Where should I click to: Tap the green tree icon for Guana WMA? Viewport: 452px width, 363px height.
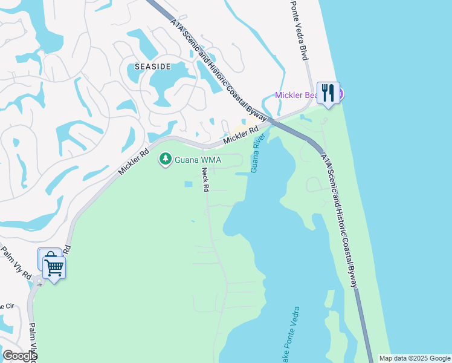[x=164, y=160]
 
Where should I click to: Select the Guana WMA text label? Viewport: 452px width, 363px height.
[x=198, y=160]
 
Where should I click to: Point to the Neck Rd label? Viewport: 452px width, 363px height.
[x=205, y=180]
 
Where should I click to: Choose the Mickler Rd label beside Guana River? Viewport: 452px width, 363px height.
[x=241, y=135]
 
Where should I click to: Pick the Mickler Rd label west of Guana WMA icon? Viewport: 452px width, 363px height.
[x=134, y=163]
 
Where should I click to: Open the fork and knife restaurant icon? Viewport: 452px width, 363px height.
[x=328, y=93]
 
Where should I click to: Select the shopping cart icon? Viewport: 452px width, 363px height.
[x=54, y=267]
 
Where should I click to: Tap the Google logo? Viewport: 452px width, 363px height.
[x=19, y=356]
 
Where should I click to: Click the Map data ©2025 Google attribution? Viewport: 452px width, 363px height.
[x=415, y=358]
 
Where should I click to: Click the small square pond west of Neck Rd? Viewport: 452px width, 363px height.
[x=188, y=184]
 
